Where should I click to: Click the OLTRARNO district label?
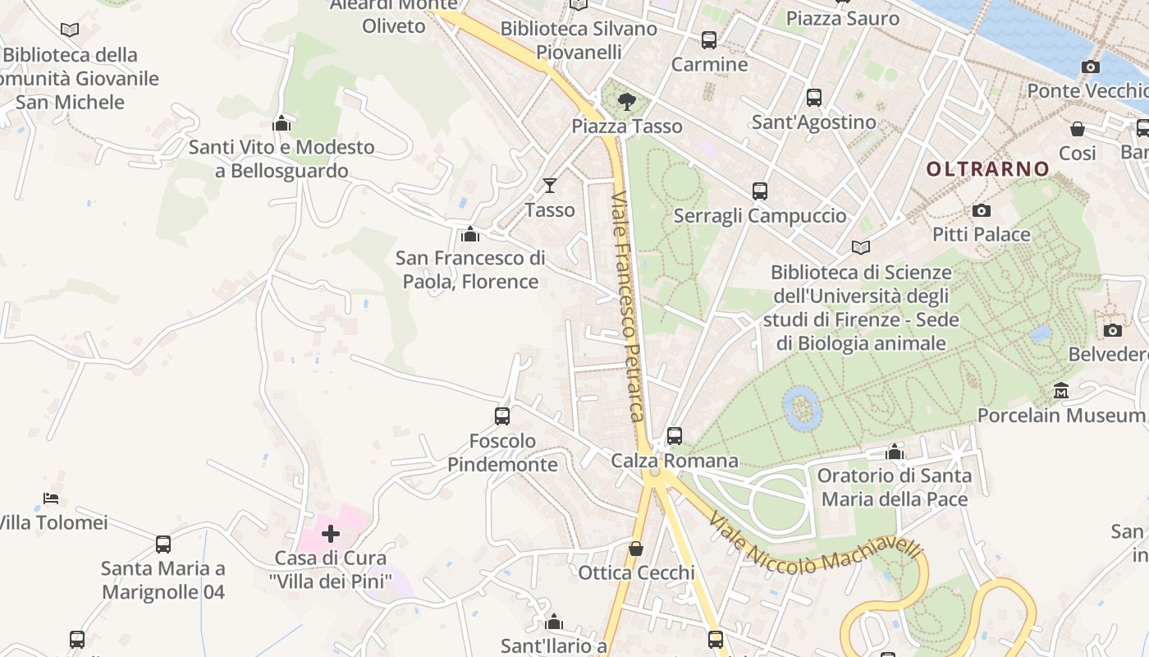(x=987, y=169)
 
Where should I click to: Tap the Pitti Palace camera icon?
(x=981, y=211)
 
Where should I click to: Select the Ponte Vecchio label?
(x=1088, y=90)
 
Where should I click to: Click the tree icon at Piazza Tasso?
(x=627, y=102)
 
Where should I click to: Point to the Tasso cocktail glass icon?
(x=549, y=186)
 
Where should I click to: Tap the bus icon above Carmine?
(x=708, y=39)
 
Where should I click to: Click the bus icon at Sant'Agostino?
(x=813, y=98)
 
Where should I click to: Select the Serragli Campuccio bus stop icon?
(x=759, y=191)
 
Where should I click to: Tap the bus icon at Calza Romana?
(x=675, y=435)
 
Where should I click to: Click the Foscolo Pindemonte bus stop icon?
(x=502, y=416)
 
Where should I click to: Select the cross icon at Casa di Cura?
(x=331, y=535)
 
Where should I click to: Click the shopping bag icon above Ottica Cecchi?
(x=636, y=549)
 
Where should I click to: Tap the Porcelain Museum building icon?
(x=1061, y=390)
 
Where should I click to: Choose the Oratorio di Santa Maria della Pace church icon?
(x=895, y=452)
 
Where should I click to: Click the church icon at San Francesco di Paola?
(x=470, y=235)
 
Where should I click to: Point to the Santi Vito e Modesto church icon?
(x=282, y=124)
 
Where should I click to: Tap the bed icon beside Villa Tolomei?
(x=51, y=498)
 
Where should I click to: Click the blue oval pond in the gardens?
(x=802, y=408)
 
